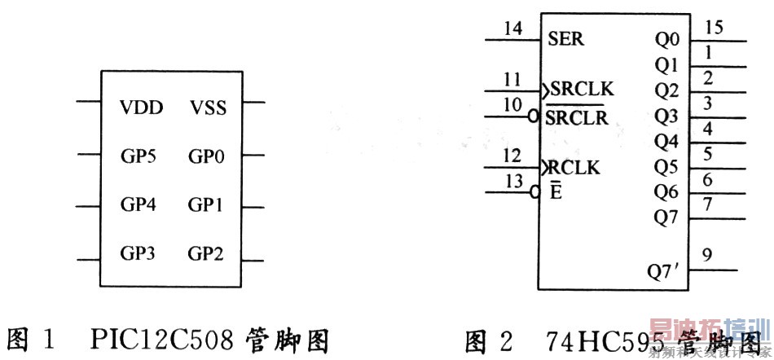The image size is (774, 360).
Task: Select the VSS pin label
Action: point(209,108)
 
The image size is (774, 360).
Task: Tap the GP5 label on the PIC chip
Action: point(139,156)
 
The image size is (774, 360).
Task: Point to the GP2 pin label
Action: point(205,253)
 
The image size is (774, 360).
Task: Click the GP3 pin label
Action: point(139,253)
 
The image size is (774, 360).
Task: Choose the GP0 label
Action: point(205,156)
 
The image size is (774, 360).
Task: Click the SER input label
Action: point(565,38)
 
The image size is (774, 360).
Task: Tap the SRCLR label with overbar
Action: point(577,117)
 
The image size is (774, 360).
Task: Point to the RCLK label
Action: point(574,168)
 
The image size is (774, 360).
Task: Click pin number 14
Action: point(512,29)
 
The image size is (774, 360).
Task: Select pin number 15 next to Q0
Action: point(714,29)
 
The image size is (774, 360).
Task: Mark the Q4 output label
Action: point(666,142)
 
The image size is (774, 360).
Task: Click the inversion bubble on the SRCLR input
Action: point(534,117)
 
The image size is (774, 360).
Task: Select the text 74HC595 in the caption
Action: point(579,340)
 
